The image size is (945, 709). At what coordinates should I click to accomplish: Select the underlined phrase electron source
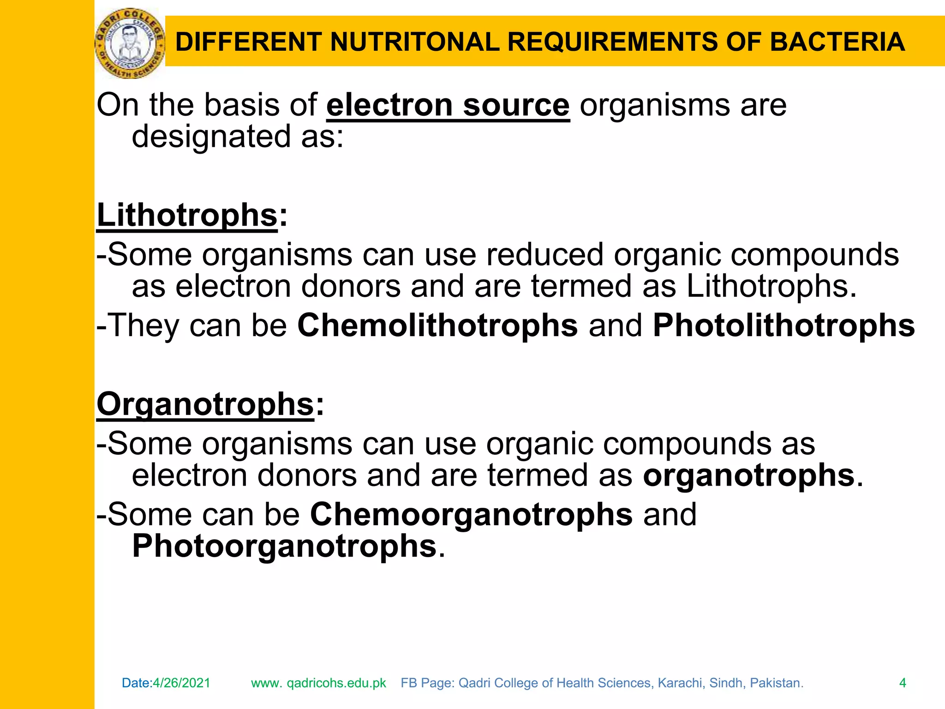pos(448,105)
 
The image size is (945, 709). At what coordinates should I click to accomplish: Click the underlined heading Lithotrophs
pos(187,216)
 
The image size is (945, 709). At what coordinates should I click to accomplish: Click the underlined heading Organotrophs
pos(205,404)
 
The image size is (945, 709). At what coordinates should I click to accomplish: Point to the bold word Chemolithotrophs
pos(437,325)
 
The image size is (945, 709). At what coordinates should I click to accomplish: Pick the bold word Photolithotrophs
pos(784,325)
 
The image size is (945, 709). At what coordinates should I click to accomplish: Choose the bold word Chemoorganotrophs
pos(471,514)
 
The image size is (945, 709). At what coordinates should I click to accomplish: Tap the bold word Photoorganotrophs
pos(284,546)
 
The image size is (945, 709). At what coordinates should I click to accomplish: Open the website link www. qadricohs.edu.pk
pos(318,683)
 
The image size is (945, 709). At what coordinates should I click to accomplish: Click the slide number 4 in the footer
pos(903,683)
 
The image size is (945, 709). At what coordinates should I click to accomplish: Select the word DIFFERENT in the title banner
pos(249,42)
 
